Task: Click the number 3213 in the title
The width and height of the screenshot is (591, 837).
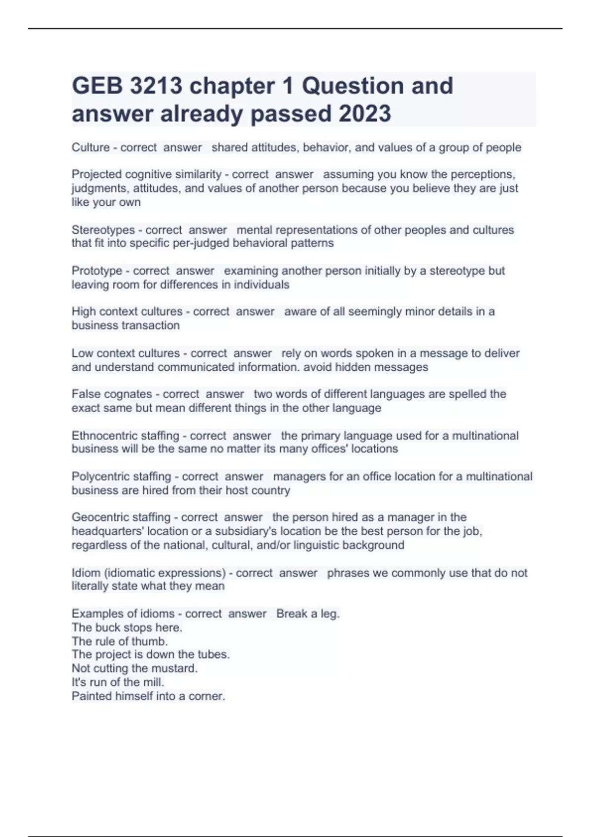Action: pyautogui.click(x=156, y=86)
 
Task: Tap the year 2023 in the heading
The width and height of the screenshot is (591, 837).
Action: pyautogui.click(x=364, y=114)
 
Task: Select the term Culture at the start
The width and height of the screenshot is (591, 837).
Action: pyautogui.click(x=91, y=147)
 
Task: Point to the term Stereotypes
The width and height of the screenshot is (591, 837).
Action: pyautogui.click(x=103, y=230)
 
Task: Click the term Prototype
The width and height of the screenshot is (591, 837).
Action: pyautogui.click(x=97, y=271)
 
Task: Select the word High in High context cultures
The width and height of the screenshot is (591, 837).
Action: pyautogui.click(x=84, y=312)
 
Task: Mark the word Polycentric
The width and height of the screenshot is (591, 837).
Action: pyautogui.click(x=100, y=477)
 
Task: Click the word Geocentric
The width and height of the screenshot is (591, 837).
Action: pyautogui.click(x=100, y=517)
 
